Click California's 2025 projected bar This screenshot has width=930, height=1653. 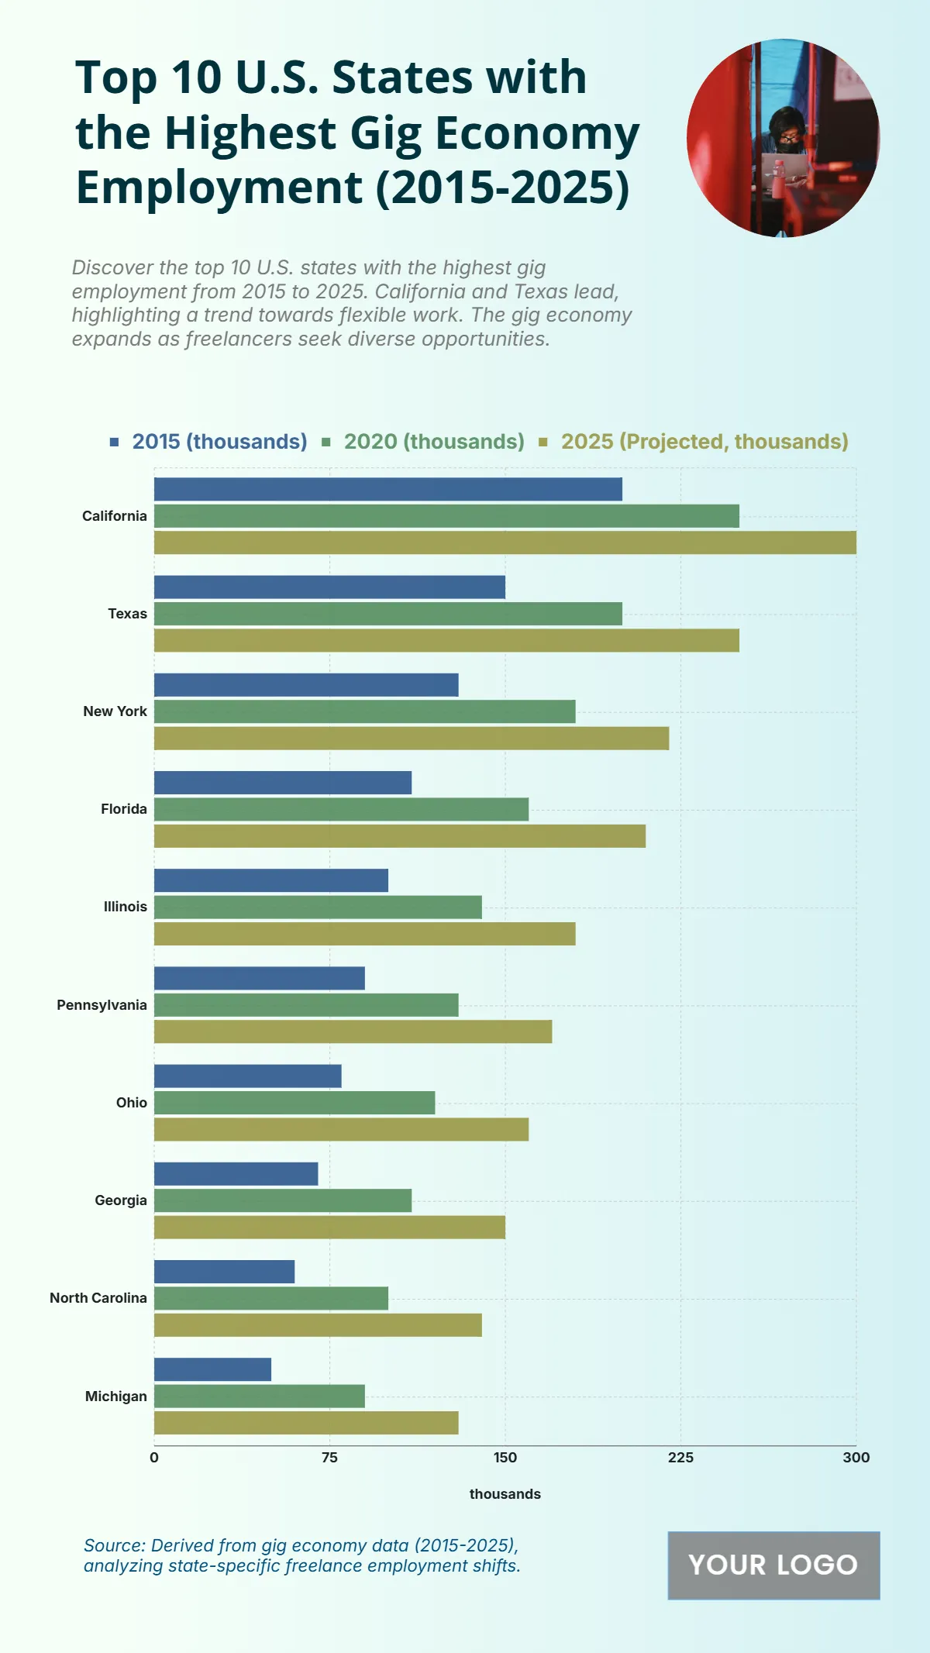(x=505, y=542)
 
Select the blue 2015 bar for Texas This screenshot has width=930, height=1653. (x=329, y=587)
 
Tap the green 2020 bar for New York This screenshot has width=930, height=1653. (x=364, y=711)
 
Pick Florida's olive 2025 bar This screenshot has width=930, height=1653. (x=399, y=836)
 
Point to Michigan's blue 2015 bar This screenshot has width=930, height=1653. (x=212, y=1369)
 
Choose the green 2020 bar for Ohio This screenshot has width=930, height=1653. (x=294, y=1103)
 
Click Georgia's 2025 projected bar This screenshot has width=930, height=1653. (x=329, y=1228)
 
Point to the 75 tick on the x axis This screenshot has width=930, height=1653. (x=329, y=1458)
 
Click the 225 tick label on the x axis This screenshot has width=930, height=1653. (x=680, y=1458)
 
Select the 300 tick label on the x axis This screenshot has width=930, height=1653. (x=856, y=1458)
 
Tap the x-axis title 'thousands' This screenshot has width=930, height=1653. (x=505, y=1494)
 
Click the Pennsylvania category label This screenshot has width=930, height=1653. (x=102, y=1005)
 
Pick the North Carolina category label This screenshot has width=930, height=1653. (x=98, y=1298)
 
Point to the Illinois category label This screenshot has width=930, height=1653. (x=126, y=907)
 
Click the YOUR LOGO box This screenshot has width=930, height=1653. (x=773, y=1565)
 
